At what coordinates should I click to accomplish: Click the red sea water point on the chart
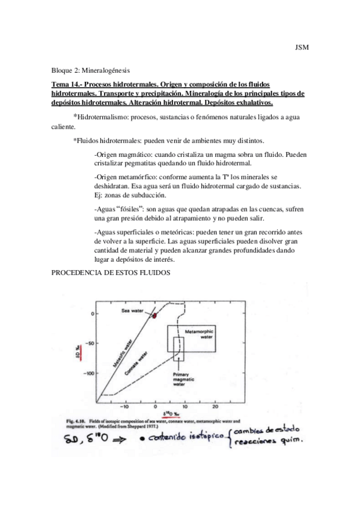pyautogui.click(x=154, y=315)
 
